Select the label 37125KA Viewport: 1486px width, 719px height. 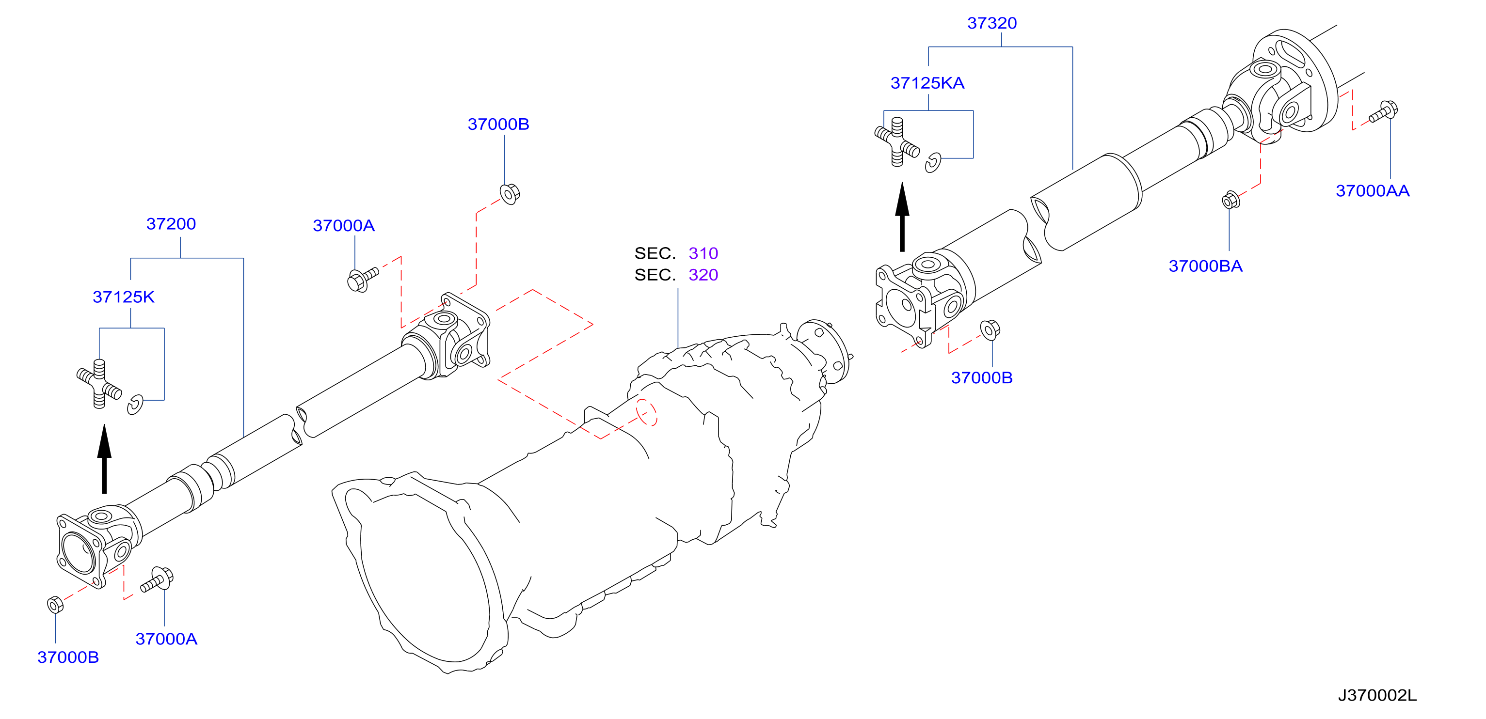pyautogui.click(x=927, y=83)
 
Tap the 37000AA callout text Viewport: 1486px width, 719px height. pyautogui.click(x=1373, y=191)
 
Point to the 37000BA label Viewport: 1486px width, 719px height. pyautogui.click(x=1205, y=266)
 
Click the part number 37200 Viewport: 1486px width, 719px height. pyautogui.click(x=171, y=224)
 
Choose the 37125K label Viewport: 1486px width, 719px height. pyautogui.click(x=124, y=297)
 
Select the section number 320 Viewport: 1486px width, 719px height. pyautogui.click(x=703, y=275)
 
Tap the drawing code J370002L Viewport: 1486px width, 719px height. pyautogui.click(x=1377, y=695)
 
